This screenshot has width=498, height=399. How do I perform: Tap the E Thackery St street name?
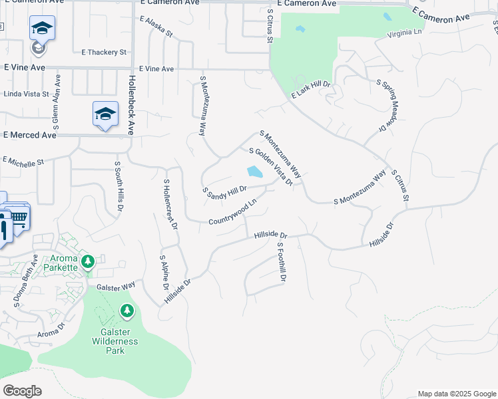pyautogui.click(x=104, y=52)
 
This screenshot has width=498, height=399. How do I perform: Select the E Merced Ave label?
pyautogui.click(x=30, y=134)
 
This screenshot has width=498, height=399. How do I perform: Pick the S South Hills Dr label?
pyautogui.click(x=119, y=187)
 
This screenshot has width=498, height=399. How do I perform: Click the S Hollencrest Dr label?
pyautogui.click(x=170, y=204)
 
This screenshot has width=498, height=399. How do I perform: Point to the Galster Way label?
pyautogui.click(x=116, y=285)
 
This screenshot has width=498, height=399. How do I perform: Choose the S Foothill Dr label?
pyautogui.click(x=282, y=262)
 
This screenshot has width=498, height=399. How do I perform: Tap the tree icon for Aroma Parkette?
pyautogui.click(x=87, y=262)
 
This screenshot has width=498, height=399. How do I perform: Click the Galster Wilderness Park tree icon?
pyautogui.click(x=126, y=311)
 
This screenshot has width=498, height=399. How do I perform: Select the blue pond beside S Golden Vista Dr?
pyautogui.click(x=254, y=172)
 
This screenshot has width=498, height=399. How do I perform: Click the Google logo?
pyautogui.click(x=22, y=391)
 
